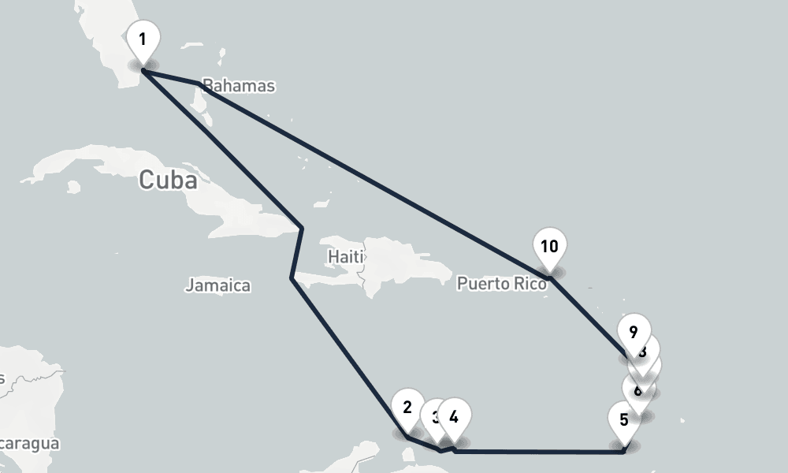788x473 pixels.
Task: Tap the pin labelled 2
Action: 407,408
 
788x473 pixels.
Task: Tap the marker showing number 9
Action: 634,332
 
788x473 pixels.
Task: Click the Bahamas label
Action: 238,86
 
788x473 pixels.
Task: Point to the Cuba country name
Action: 167,181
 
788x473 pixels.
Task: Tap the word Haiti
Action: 345,257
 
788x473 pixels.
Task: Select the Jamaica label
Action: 217,286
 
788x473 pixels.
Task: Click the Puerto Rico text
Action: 501,284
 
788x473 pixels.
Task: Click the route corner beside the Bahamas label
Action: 197,84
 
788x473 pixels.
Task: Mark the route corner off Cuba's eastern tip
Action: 302,229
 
